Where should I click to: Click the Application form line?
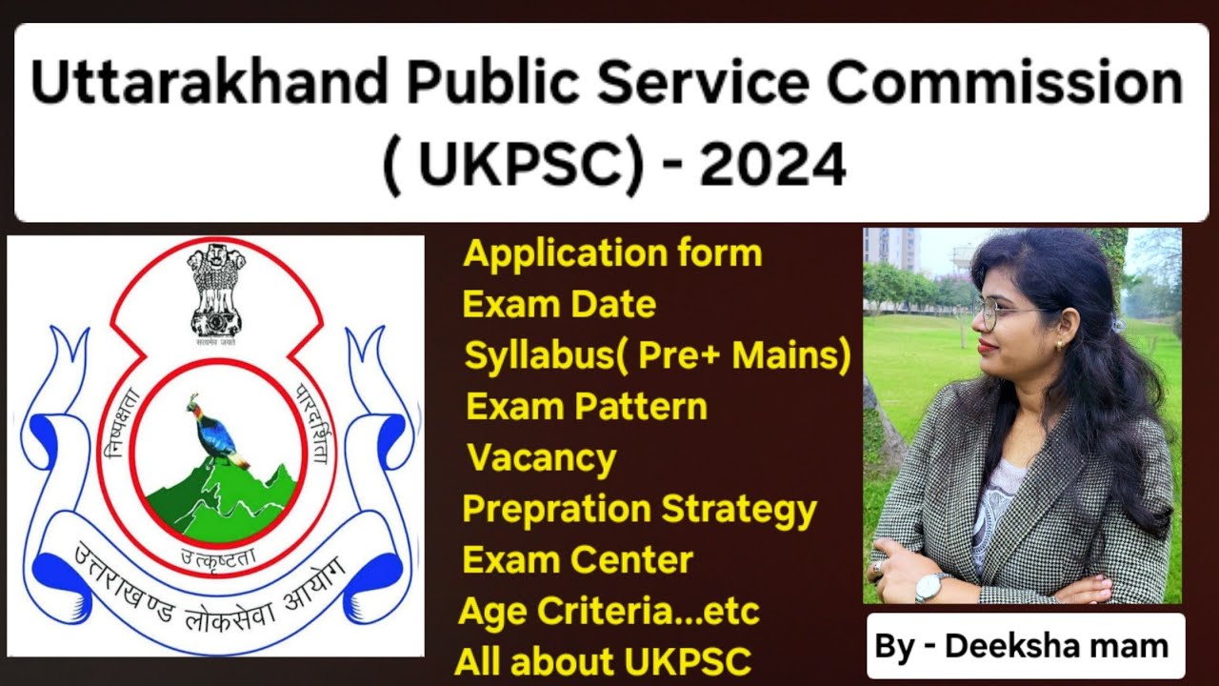coord(612,254)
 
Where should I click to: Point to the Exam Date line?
coord(559,305)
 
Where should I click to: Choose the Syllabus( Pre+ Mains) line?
coord(657,355)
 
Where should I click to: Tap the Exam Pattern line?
coord(587,407)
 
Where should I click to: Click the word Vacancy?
coord(542,458)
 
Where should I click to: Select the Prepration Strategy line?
coord(639,510)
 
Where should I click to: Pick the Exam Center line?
coord(578,560)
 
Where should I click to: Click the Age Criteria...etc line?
coord(609,612)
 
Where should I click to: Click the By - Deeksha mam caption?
coord(1022,647)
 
